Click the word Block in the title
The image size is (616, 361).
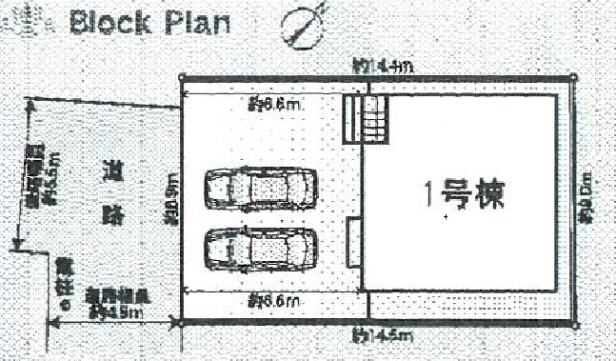tap(116, 21)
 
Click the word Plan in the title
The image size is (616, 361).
tap(196, 21)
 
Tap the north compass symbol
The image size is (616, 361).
tap(302, 25)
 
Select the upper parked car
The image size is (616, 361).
tap(260, 189)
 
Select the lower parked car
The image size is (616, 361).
tap(260, 247)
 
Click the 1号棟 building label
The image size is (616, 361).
tap(463, 196)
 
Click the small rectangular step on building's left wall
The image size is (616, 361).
tap(354, 242)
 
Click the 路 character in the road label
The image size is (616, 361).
tap(111, 217)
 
